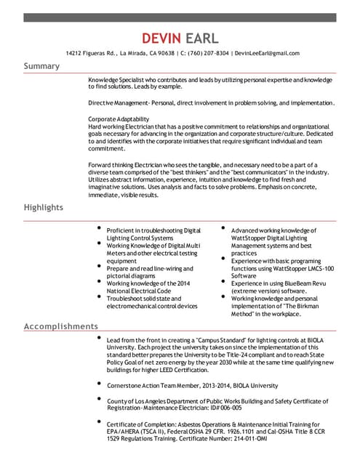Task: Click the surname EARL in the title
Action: pos(202,38)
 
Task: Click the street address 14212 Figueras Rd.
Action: pos(91,53)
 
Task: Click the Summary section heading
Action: pos(42,66)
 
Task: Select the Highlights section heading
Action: pos(44,207)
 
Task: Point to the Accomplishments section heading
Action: pos(61,326)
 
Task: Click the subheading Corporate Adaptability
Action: pos(119,118)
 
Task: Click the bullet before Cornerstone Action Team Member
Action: pos(98,384)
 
